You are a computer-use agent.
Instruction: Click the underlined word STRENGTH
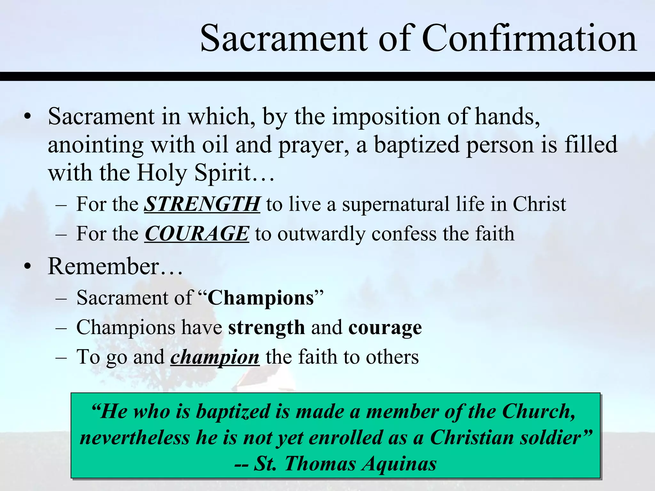click(x=202, y=204)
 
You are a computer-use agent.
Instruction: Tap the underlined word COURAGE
click(x=197, y=233)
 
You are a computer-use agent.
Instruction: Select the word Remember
click(x=103, y=266)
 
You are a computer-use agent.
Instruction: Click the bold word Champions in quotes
click(x=261, y=298)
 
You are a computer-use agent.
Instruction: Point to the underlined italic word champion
click(x=215, y=357)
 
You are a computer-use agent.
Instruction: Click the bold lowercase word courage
click(x=385, y=328)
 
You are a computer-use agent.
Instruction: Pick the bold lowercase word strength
click(x=266, y=328)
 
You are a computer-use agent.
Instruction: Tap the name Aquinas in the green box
click(x=399, y=464)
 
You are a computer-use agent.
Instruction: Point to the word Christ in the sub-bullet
click(x=539, y=204)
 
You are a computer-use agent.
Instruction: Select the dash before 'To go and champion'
click(x=61, y=357)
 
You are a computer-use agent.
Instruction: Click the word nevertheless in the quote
click(x=135, y=437)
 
